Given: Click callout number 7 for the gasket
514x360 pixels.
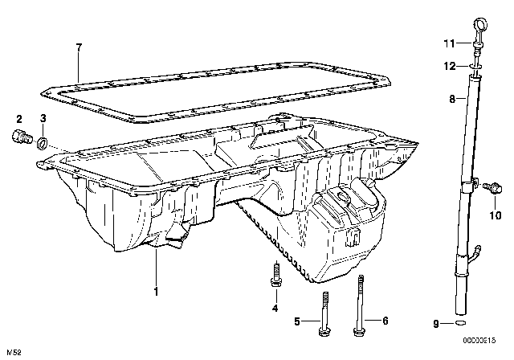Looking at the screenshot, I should click(78, 49).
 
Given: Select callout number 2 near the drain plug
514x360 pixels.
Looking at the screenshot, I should click(18, 119).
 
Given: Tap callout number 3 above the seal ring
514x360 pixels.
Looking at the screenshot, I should click(43, 119).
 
